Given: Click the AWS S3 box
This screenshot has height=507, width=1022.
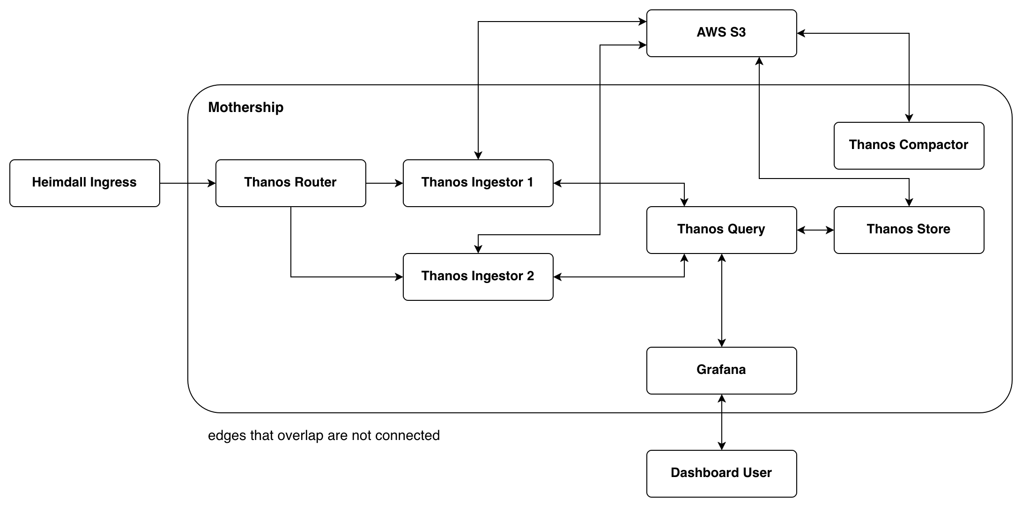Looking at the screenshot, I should tap(721, 33).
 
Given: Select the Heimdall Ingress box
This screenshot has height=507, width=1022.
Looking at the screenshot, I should tap(84, 183).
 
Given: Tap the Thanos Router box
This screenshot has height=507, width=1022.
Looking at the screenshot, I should tap(290, 183).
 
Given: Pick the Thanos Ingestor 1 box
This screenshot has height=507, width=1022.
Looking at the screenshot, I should tap(478, 183).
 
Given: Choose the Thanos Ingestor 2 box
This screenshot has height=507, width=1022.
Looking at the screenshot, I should tap(478, 276).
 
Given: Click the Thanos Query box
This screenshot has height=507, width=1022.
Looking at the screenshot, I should tap(721, 230).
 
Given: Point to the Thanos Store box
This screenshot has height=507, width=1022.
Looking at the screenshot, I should tap(909, 230).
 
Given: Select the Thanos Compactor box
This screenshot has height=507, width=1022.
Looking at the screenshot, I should tap(909, 145).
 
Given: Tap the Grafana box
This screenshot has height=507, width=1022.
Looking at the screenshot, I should tap(721, 370).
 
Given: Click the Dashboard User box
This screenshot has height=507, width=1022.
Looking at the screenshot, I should tap(721, 473).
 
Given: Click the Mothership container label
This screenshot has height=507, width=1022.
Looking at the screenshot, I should tap(245, 107).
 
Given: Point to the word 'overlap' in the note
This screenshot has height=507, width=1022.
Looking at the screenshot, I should tap(300, 436).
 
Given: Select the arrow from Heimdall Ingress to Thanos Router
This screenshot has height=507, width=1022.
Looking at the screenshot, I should tap(187, 183).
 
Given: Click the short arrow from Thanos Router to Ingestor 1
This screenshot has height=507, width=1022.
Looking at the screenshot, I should tap(384, 183).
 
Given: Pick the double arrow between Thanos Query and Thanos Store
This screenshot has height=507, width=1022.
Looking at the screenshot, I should tap(815, 230).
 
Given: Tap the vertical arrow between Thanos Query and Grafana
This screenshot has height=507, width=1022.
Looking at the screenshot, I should tap(722, 300).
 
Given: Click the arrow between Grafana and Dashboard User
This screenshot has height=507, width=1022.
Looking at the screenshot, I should tap(722, 422).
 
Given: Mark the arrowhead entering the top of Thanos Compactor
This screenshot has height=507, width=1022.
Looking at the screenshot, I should tap(909, 118).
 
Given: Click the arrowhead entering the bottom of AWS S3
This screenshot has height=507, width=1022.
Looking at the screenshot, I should tap(759, 61).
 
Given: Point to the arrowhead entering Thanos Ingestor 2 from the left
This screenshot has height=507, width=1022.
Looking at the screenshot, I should tap(399, 277).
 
